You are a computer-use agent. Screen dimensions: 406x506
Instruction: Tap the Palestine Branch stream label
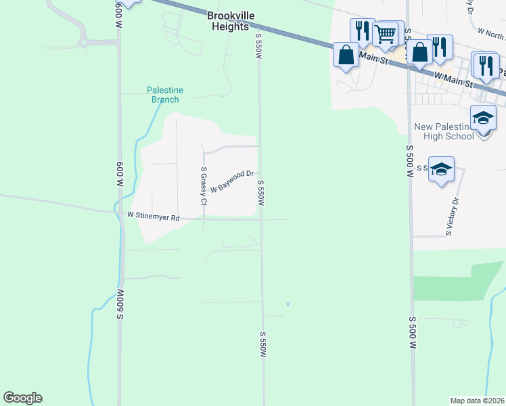[x=165, y=95]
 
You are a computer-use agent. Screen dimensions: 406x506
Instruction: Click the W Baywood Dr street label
[x=231, y=181]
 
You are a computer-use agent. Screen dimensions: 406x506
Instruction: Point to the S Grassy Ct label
[x=203, y=185]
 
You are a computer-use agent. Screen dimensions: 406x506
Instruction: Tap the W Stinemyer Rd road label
[x=154, y=217]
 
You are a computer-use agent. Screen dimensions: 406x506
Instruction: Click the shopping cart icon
[x=385, y=33]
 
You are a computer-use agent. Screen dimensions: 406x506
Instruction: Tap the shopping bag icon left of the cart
[x=346, y=55]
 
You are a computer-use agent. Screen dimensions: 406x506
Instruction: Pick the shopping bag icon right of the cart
[x=420, y=52]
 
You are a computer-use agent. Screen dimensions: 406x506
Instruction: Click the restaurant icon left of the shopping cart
[x=362, y=31]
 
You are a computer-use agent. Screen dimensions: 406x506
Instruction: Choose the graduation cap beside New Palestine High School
[x=484, y=118]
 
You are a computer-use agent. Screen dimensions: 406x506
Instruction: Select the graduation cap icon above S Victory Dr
[x=441, y=169]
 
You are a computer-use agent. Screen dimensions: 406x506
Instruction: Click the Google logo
[x=22, y=398]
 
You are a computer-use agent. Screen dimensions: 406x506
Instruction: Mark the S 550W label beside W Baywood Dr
[x=260, y=192]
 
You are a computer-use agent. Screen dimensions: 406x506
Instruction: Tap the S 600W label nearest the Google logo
[x=120, y=304]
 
